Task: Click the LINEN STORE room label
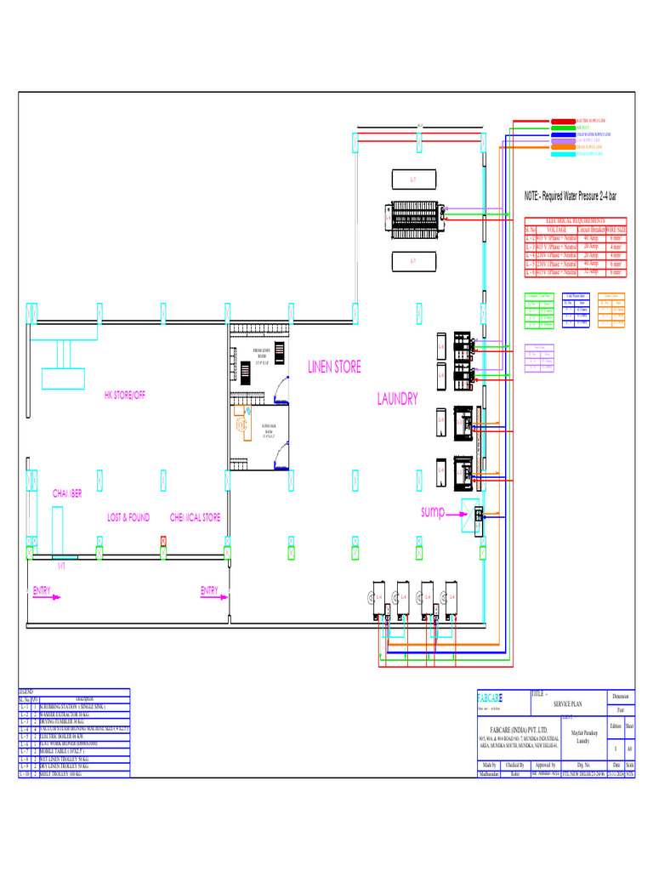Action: coord(334,367)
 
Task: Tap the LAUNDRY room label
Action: coord(397,399)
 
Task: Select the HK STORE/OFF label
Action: coord(125,396)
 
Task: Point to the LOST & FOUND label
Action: coord(128,517)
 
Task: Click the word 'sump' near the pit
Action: coord(433,512)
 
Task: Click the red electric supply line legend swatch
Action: coord(563,122)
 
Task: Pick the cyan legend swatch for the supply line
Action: coord(563,154)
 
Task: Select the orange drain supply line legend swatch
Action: coord(563,147)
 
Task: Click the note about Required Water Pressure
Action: coord(571,196)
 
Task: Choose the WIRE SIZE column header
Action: coord(616,230)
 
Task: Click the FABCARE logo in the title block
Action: coord(491,698)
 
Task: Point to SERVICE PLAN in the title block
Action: coord(569,705)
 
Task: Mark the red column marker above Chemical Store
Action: coord(162,541)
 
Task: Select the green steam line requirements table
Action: coord(538,311)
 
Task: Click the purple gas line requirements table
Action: coord(539,357)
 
